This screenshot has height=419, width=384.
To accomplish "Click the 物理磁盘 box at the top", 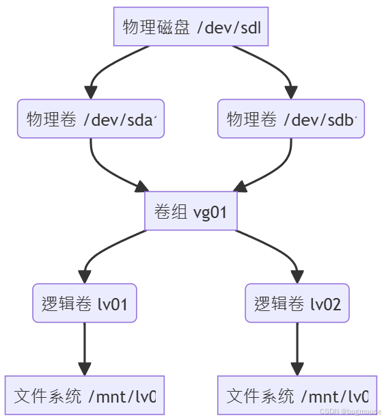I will pyautogui.click(x=191, y=27).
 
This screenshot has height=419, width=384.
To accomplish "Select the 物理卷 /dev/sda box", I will pyautogui.click(x=92, y=119).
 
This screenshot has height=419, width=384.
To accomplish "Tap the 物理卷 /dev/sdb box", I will pyautogui.click(x=291, y=119).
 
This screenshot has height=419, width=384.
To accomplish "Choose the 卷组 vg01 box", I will pyautogui.click(x=191, y=211).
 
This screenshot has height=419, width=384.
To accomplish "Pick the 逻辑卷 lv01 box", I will pyautogui.click(x=85, y=303).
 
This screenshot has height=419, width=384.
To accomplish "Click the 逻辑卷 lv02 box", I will pyautogui.click(x=297, y=303).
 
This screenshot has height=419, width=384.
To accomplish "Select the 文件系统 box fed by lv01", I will pyautogui.click(x=85, y=395).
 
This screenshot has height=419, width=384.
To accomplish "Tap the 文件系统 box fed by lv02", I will pyautogui.click(x=297, y=395).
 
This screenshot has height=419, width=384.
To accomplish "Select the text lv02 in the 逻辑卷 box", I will pyautogui.click(x=325, y=303).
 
